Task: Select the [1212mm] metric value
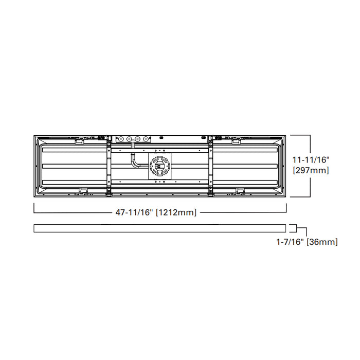[176, 212]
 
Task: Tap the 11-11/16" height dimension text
[310, 160]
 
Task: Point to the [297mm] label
[310, 170]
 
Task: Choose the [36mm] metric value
[322, 241]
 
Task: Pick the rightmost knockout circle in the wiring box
[147, 139]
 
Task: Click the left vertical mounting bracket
[109, 166]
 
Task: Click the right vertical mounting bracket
[211, 166]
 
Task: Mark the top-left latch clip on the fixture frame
[80, 138]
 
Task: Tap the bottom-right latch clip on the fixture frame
[240, 191]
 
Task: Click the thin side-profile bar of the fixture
[159, 228]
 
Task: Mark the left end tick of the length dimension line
[34, 208]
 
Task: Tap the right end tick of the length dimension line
[286, 208]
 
